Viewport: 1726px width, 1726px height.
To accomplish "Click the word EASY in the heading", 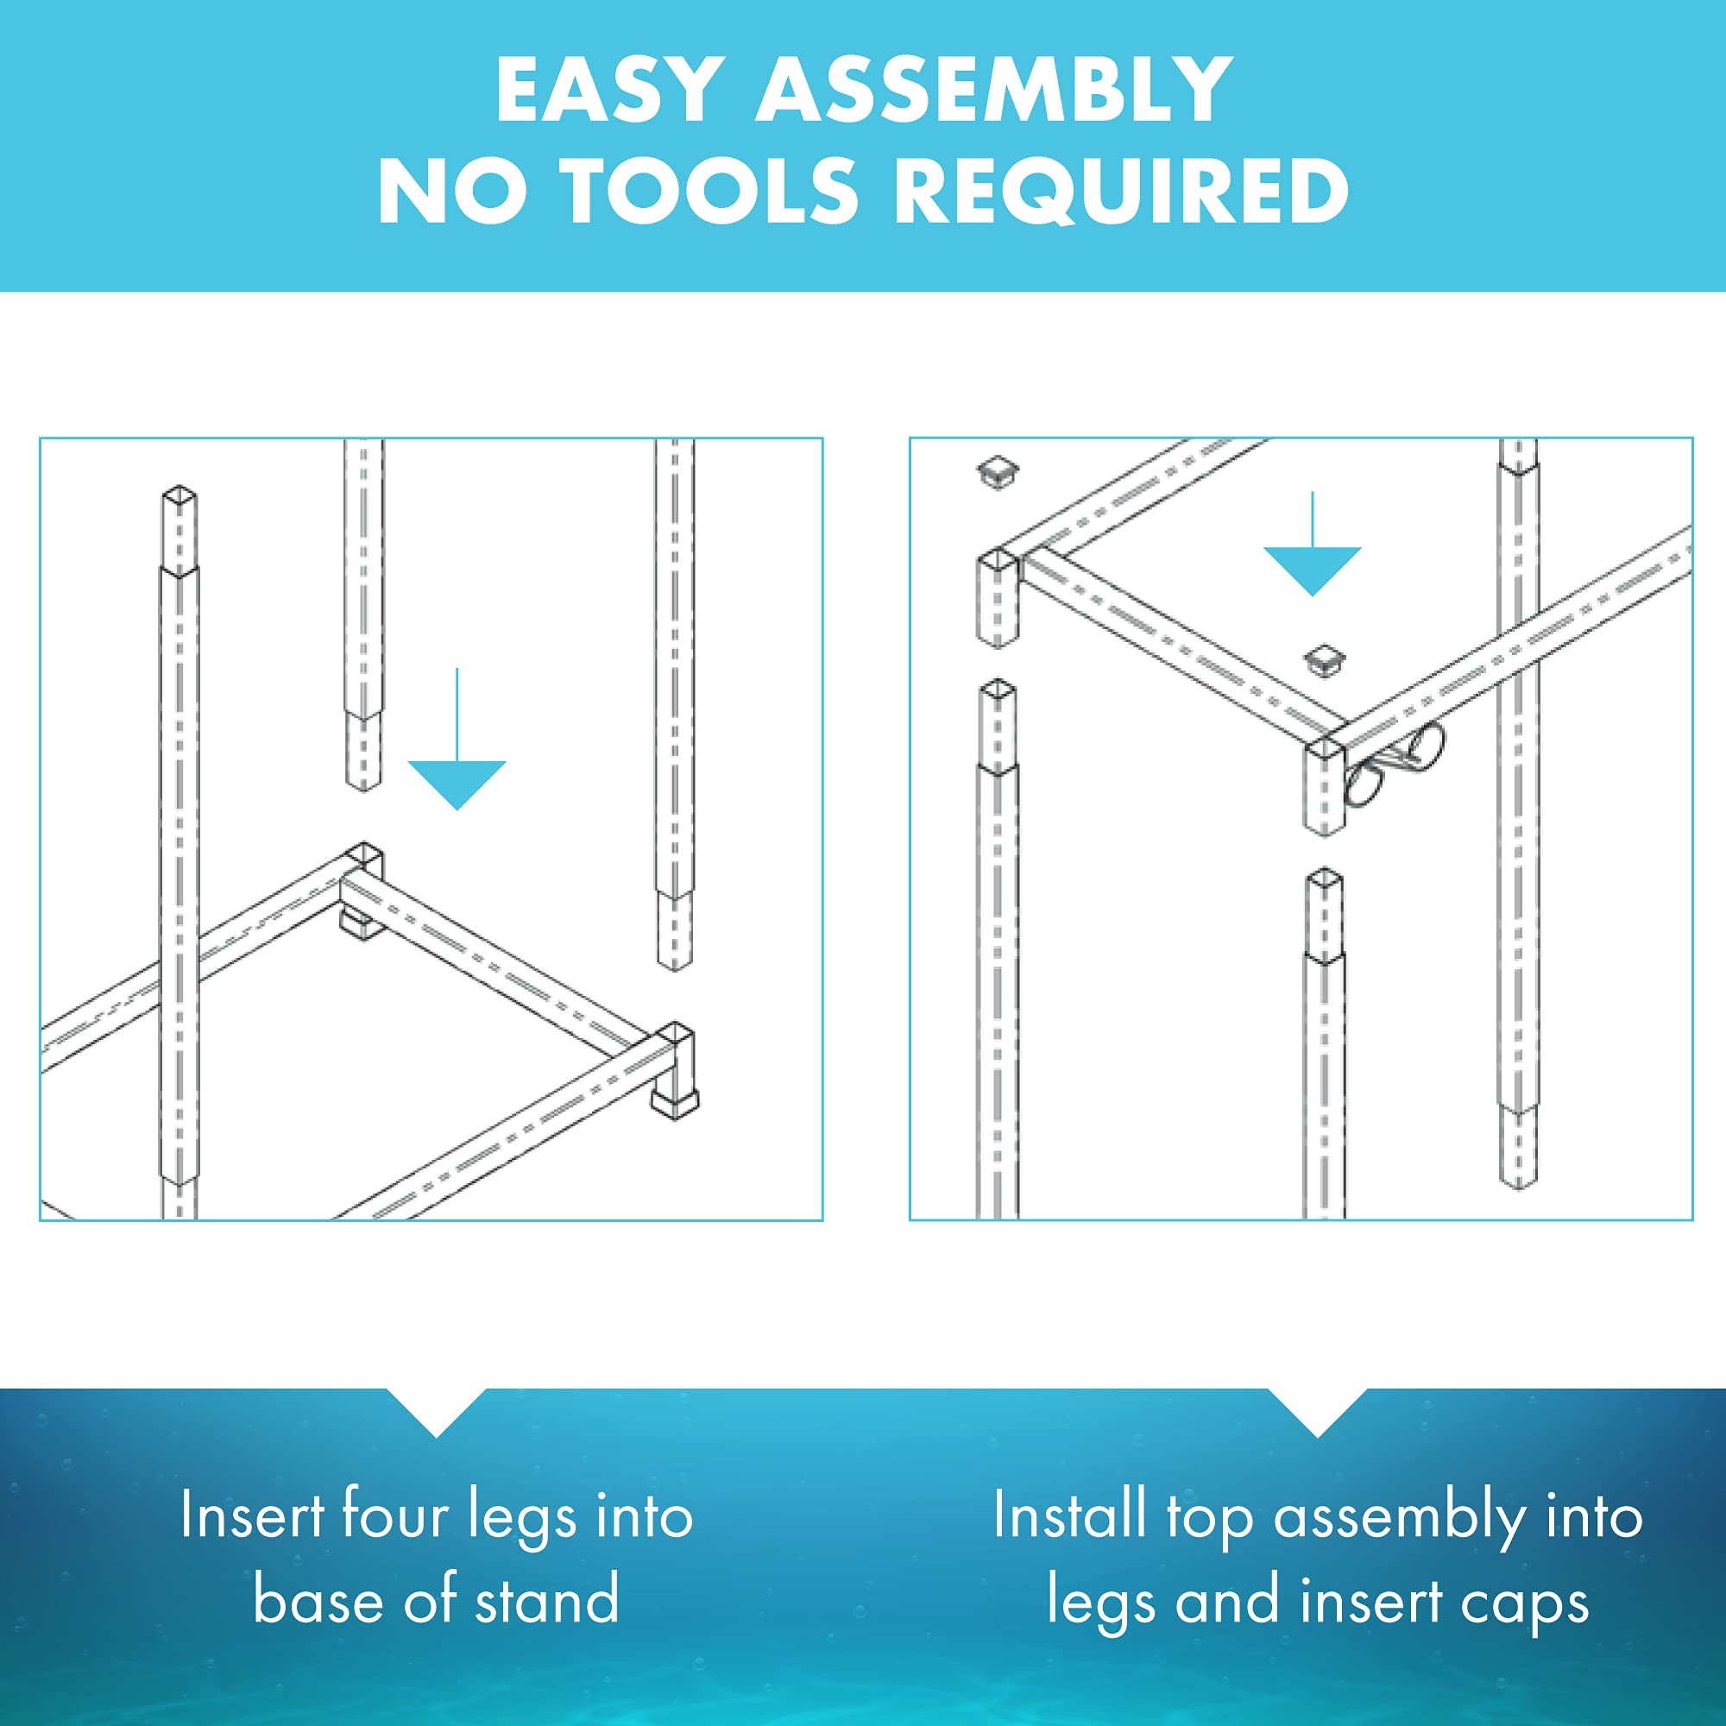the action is tap(609, 90).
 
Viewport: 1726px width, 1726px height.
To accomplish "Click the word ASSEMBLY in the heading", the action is tap(994, 90).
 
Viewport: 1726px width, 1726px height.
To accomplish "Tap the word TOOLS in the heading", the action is tap(709, 189).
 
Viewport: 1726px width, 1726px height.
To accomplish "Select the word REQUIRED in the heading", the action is tap(1120, 190).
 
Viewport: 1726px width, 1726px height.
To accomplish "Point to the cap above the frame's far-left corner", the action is tap(998, 471).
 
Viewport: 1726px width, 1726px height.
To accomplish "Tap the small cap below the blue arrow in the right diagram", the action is tap(1324, 660).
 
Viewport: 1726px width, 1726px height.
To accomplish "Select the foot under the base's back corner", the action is tap(362, 923).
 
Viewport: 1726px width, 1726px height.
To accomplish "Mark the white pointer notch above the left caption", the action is tap(436, 1412).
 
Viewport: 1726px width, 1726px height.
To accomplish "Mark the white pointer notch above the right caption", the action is tap(1317, 1412).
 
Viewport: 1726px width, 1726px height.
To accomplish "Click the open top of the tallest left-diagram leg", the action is tap(179, 494).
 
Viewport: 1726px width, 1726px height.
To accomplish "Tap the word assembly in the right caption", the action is tap(1400, 1519).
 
